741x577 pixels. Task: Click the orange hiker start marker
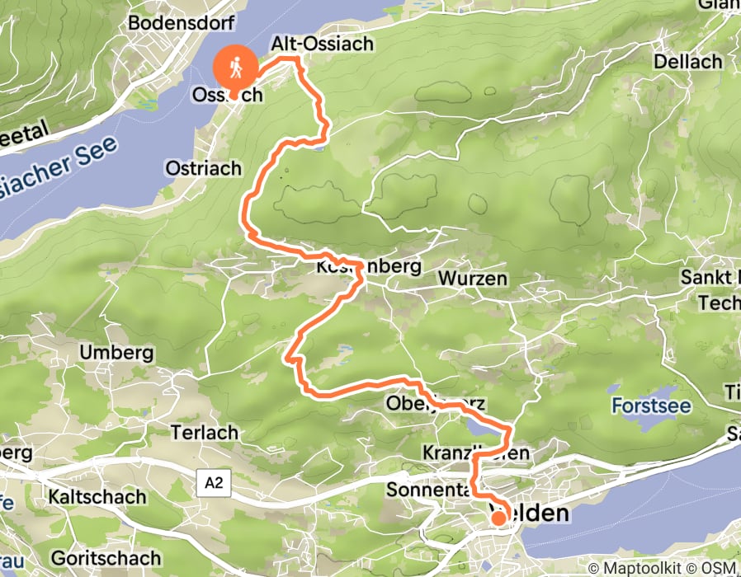pos(234,66)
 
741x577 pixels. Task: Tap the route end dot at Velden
pos(499,518)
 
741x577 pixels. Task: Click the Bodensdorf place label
pos(182,22)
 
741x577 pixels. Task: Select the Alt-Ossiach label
pos(323,44)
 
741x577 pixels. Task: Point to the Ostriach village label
pos(203,168)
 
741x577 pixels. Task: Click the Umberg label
pos(116,353)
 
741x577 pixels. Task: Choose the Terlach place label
pos(204,432)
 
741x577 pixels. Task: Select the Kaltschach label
pos(97,497)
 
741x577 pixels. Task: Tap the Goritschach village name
pos(100,556)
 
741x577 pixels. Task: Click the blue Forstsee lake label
pos(651,406)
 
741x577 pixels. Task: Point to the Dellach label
pos(687,62)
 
